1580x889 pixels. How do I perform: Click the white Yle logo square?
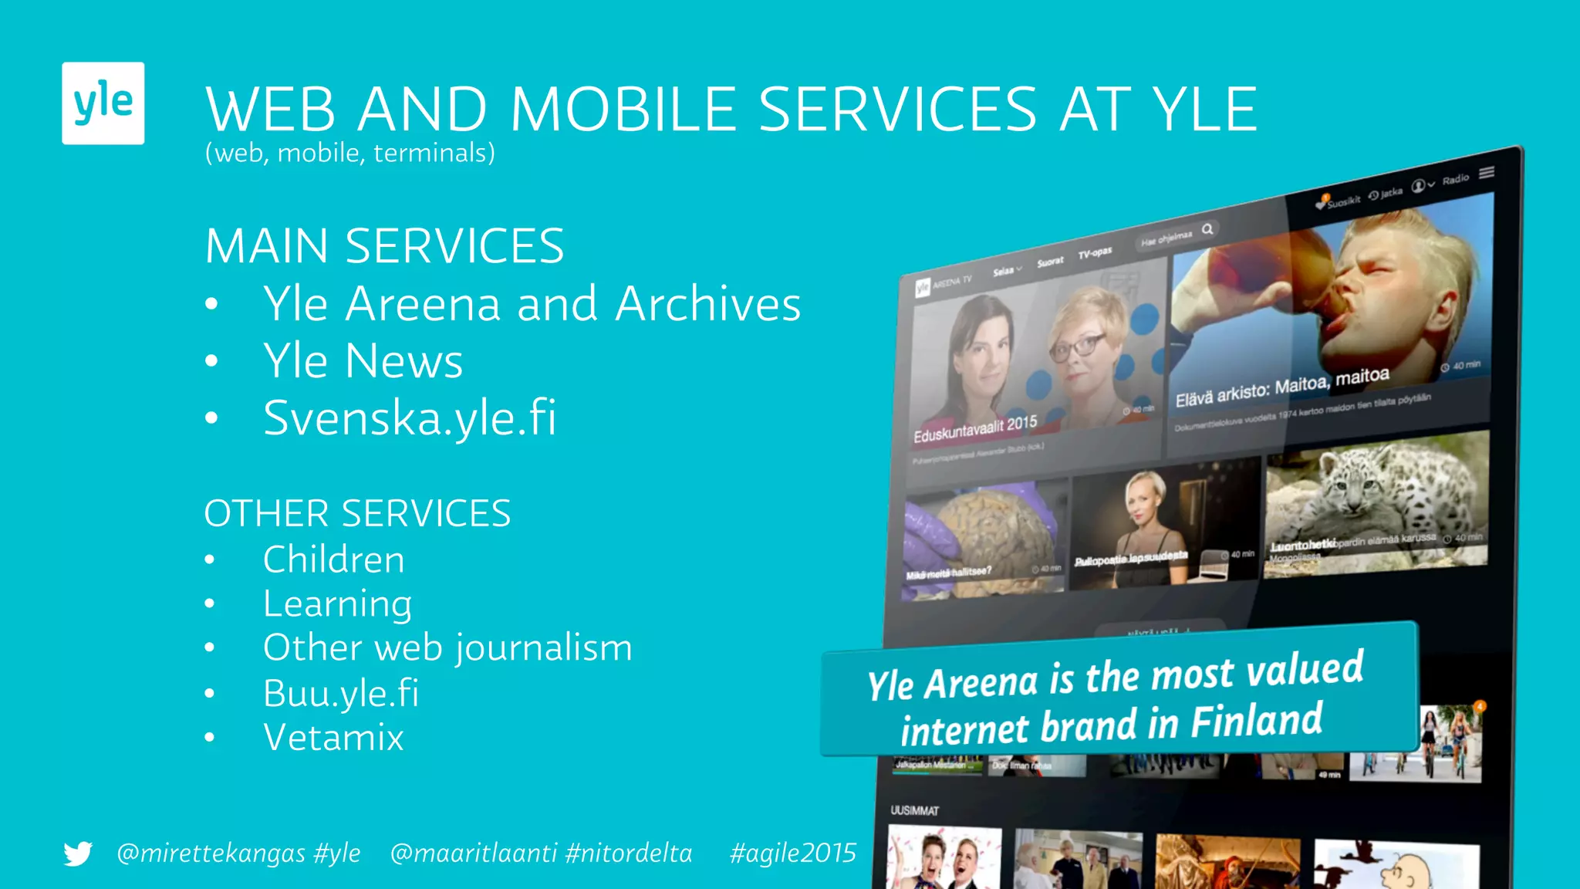click(103, 103)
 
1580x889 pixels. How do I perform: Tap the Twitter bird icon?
click(78, 854)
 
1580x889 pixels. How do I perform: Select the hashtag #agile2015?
click(792, 853)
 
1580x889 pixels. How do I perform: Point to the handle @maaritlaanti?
click(473, 853)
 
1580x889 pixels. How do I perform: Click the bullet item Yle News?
click(363, 360)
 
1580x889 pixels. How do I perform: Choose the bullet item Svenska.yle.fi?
click(410, 417)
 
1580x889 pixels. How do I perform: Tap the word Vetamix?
click(333, 738)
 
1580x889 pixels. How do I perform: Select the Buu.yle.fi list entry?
click(340, 693)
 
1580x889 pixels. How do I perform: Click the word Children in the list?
click(333, 559)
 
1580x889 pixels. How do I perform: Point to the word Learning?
click(337, 603)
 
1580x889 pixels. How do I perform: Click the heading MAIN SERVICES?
click(384, 246)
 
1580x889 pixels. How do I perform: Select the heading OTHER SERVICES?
click(357, 513)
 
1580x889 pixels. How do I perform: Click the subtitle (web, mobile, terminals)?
click(349, 153)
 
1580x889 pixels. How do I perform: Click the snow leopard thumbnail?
click(1376, 502)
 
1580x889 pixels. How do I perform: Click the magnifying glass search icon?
click(1207, 229)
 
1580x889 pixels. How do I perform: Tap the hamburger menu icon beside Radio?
click(1487, 173)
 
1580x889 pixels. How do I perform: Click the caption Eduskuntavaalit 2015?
click(975, 429)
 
